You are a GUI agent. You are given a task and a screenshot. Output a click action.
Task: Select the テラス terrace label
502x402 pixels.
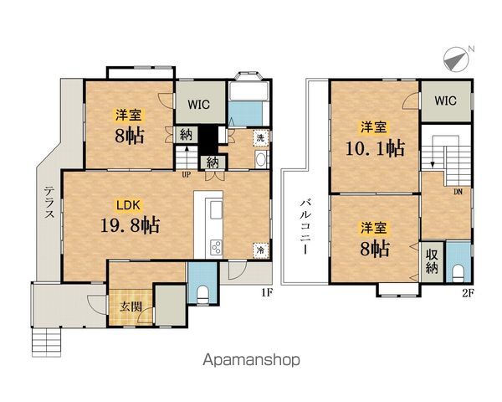coord(49,201)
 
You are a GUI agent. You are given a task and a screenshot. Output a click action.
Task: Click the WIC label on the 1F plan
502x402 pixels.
coord(199,105)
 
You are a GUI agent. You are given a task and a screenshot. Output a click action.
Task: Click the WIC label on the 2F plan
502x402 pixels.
coord(445,101)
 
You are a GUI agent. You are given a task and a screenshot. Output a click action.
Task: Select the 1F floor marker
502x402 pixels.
coord(267,292)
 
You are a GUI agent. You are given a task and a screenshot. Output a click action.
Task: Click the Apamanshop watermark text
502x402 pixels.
coord(251,359)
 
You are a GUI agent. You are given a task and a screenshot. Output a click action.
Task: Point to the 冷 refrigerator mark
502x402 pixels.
coord(261,249)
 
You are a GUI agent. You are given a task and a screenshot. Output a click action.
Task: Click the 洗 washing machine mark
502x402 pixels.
coord(260,137)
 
